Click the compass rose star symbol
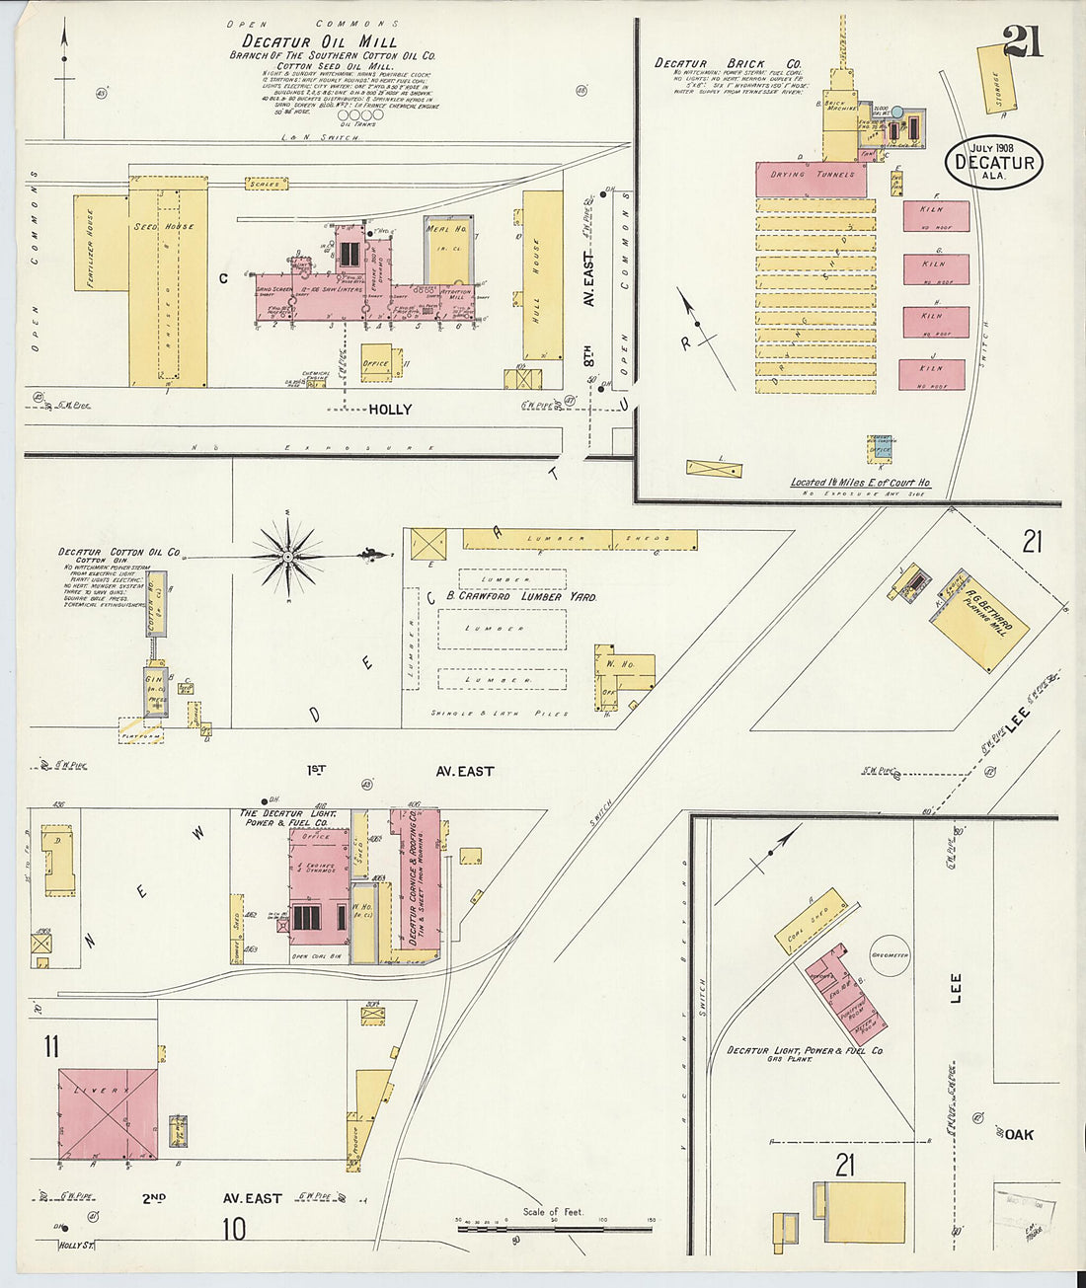(x=287, y=559)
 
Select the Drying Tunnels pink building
(x=811, y=179)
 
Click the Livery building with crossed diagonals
(x=108, y=1113)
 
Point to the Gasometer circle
(x=889, y=955)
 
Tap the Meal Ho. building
(x=448, y=250)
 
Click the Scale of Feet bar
(x=553, y=1227)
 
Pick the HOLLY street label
(x=390, y=410)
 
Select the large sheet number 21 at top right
(x=1022, y=41)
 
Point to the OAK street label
(x=1019, y=1135)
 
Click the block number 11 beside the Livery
(x=51, y=1045)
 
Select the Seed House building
(x=168, y=281)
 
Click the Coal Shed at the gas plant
(x=812, y=921)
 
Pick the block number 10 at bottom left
(x=233, y=1229)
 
